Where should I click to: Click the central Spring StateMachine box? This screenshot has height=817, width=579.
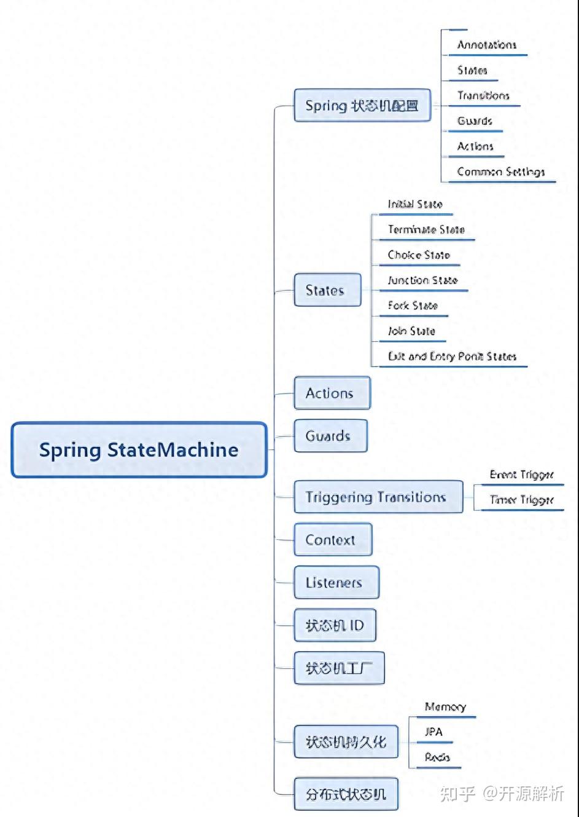click(139, 450)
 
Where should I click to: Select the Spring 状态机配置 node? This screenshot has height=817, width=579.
click(362, 106)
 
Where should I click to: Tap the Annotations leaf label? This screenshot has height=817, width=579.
click(486, 45)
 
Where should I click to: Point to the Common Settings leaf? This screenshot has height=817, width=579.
click(500, 172)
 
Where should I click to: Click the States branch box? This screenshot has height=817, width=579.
click(326, 290)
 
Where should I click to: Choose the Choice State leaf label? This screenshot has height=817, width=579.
click(419, 255)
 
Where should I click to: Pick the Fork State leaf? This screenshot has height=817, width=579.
click(413, 306)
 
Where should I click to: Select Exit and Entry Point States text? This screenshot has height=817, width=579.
click(452, 356)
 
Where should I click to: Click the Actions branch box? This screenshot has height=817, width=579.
click(332, 393)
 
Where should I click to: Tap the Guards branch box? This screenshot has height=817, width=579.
click(330, 436)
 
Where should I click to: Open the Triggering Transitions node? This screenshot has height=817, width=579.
click(377, 497)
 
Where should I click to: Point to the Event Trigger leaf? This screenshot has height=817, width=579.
click(521, 475)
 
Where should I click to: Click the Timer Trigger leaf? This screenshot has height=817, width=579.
click(521, 500)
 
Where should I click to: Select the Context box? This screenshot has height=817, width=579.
click(332, 540)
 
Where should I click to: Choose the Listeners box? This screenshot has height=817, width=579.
click(336, 583)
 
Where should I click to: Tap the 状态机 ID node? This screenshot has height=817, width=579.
click(335, 626)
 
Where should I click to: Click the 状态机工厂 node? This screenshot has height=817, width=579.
click(339, 668)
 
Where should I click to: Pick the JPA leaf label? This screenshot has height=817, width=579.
click(433, 732)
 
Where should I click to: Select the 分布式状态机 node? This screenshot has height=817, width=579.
click(346, 794)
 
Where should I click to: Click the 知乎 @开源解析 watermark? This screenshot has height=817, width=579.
click(502, 794)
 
